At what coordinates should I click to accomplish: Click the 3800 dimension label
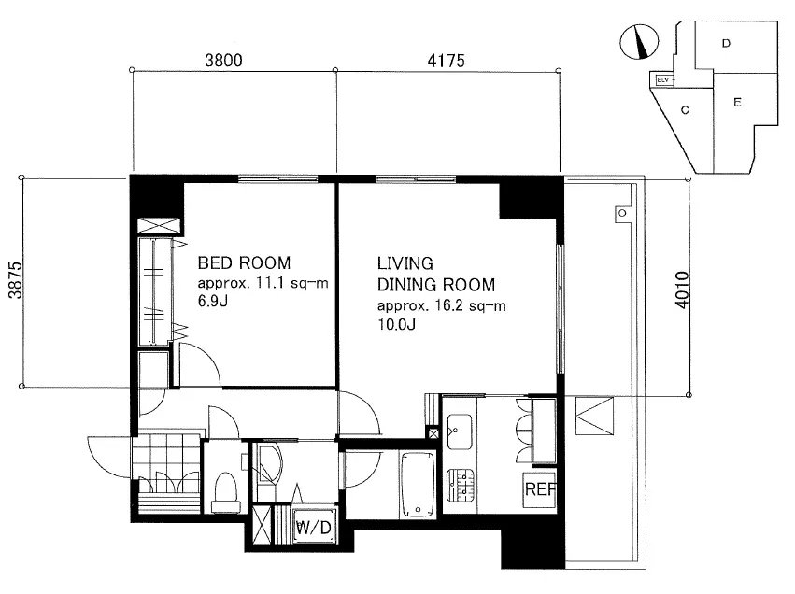223,61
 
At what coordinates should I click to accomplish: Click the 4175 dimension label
447,61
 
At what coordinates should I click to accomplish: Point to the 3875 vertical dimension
16,280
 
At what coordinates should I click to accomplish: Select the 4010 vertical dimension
683,290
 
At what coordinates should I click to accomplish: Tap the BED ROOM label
244,262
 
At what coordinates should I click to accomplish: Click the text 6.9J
212,301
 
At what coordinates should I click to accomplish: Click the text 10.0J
396,324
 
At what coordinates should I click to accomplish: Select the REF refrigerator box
539,490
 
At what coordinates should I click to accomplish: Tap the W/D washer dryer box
314,526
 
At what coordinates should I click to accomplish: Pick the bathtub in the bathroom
418,485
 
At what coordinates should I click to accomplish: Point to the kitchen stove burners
461,486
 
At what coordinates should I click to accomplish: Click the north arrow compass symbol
639,41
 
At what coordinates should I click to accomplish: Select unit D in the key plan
726,44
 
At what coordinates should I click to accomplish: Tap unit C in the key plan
685,110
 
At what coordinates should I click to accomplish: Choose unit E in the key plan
737,103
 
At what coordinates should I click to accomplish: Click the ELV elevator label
662,80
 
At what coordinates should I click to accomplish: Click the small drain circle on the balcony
622,213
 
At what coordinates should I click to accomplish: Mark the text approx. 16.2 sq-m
441,305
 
